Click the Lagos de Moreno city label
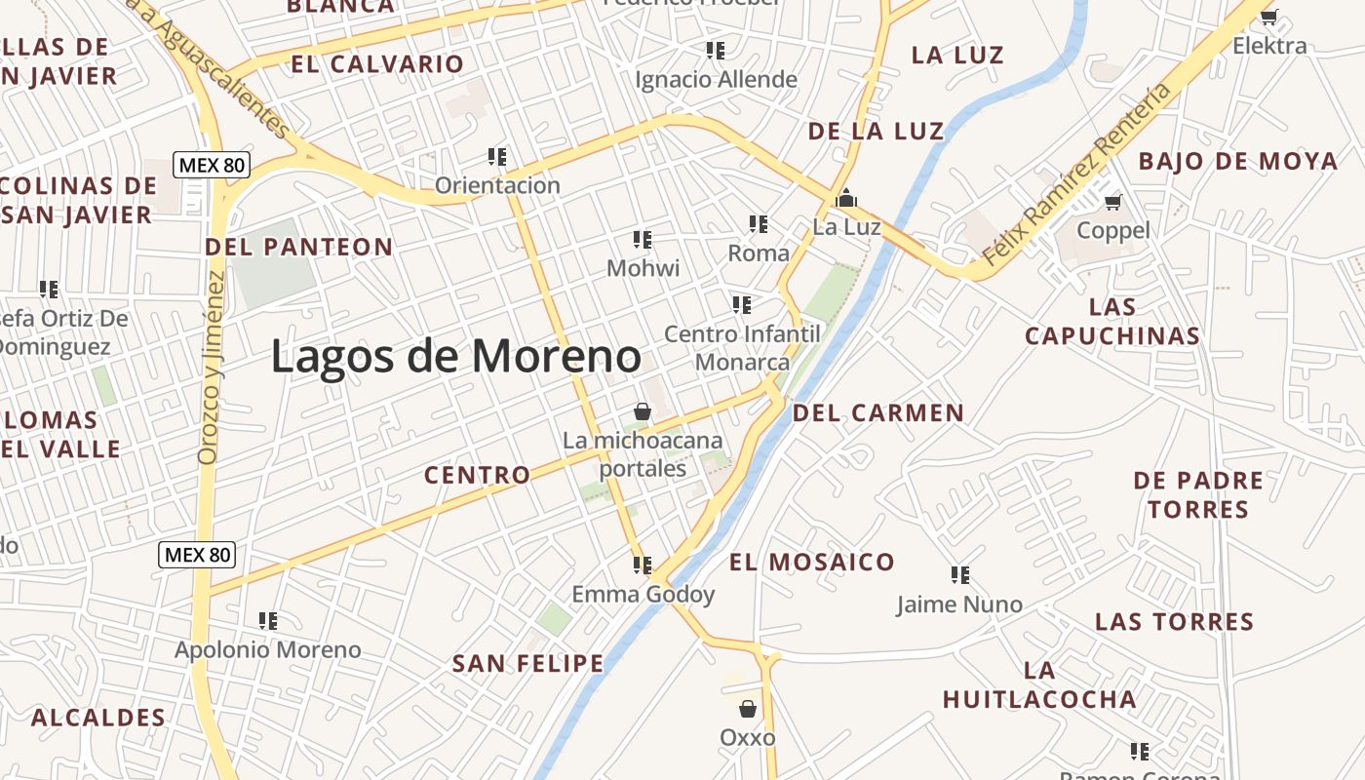(455, 356)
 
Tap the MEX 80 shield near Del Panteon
(212, 165)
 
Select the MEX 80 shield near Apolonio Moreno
(197, 555)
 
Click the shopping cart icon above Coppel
(1112, 202)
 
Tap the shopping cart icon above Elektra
(1268, 17)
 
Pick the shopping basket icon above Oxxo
(748, 709)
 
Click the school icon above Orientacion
(497, 156)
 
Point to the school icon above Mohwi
(642, 239)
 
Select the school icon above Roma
(759, 224)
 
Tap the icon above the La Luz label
(846, 198)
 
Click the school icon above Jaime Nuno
(959, 575)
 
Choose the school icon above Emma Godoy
(642, 565)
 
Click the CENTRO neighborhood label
(477, 475)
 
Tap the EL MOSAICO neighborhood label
(811, 562)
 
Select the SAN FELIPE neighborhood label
(527, 664)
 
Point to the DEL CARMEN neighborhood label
(877, 412)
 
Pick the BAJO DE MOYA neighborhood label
(1237, 161)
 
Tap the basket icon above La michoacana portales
(642, 411)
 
